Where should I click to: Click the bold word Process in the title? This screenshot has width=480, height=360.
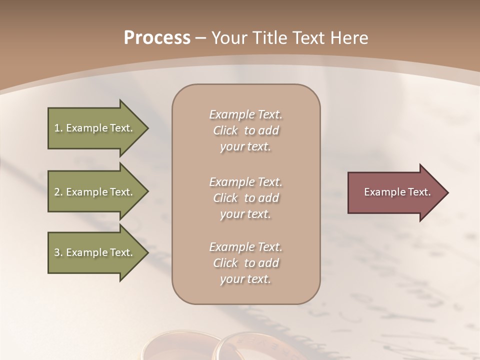[x=157, y=37]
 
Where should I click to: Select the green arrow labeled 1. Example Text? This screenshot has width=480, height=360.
[x=95, y=128]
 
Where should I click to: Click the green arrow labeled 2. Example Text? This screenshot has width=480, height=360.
[x=95, y=192]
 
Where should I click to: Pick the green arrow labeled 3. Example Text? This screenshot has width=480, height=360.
[x=95, y=252]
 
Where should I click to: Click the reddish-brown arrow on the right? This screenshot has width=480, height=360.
[x=395, y=192]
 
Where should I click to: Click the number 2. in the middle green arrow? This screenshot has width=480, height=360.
[x=58, y=192]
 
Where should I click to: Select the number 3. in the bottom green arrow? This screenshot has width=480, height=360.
[x=58, y=252]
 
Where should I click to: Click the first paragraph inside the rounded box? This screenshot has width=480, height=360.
[x=245, y=130]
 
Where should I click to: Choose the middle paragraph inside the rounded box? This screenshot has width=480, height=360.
[x=245, y=198]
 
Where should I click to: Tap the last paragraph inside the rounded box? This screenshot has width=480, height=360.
[x=245, y=263]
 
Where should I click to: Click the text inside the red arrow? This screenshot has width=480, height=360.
[x=397, y=192]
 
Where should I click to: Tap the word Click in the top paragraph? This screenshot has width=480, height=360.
[x=225, y=130]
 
